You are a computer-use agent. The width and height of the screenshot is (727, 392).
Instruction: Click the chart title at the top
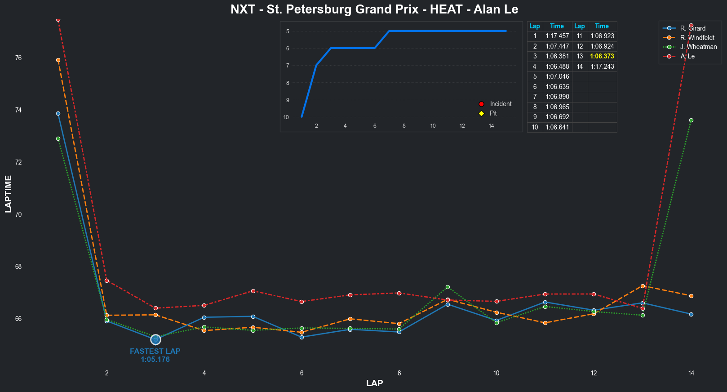point(374,9)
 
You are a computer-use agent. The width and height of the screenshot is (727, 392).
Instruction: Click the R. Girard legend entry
point(692,28)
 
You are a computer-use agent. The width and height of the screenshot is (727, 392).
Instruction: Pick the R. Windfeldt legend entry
point(697,38)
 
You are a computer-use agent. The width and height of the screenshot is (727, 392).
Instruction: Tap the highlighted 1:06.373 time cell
point(602,56)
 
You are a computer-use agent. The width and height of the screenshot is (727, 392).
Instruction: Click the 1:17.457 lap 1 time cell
point(557,36)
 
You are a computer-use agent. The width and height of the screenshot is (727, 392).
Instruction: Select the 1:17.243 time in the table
point(602,67)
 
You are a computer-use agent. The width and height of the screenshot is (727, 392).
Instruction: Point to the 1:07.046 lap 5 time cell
point(557,76)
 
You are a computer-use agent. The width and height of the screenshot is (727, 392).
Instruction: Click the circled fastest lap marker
point(155,339)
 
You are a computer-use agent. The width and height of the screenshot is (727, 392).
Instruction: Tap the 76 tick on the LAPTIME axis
point(18,58)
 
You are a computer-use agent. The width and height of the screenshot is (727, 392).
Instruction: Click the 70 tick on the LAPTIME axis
point(18,214)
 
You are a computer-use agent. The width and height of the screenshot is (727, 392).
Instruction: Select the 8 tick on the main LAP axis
point(399,373)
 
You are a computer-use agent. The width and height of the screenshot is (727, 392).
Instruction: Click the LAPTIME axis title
point(9,194)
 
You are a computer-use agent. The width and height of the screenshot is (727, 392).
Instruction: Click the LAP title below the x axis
point(374,383)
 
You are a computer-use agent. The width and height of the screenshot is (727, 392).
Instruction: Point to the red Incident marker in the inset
point(481,104)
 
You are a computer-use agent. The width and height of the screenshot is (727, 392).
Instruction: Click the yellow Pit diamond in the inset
point(481,113)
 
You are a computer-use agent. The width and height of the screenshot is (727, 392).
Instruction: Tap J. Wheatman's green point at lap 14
point(691,120)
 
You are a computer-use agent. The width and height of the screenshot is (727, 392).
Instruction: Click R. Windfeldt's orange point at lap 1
point(58,60)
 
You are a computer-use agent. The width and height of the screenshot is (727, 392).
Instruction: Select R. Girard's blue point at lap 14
point(691,314)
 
